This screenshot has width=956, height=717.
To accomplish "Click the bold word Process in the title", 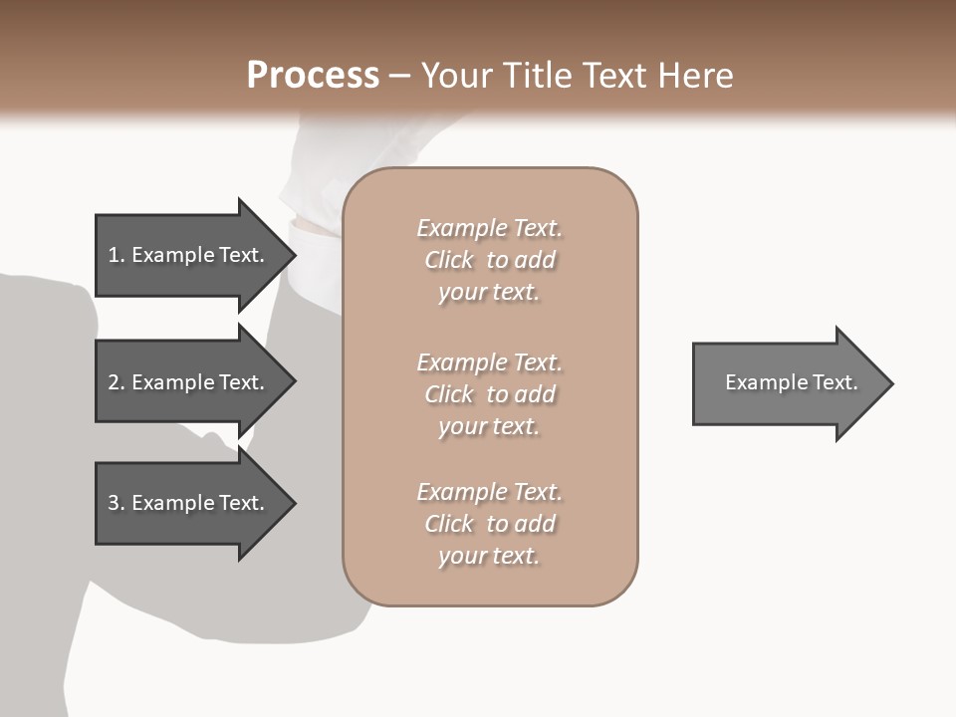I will (313, 76).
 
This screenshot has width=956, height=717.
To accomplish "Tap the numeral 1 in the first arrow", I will (114, 255).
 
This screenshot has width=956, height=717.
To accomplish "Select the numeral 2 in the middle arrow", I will (114, 382).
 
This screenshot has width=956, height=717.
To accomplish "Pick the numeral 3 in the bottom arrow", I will (114, 503).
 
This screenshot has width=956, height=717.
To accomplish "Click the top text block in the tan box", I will (489, 260).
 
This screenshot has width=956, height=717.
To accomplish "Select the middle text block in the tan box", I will (489, 394).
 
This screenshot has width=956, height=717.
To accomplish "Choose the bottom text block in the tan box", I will (489, 524).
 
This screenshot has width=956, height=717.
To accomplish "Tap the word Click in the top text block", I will (449, 260).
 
